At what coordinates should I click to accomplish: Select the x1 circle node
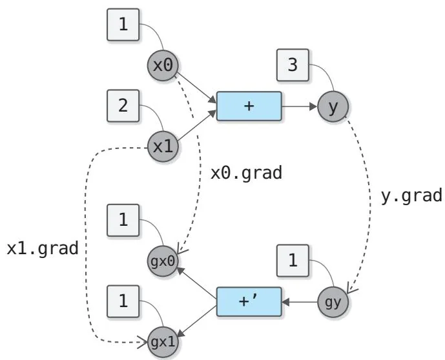coord(163,146)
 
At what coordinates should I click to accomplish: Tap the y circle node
coord(333,106)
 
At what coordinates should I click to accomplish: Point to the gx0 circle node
coord(163,261)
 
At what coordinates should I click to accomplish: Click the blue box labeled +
coord(249,106)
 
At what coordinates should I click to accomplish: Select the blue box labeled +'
coord(249,301)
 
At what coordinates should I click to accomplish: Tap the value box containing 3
coord(293,66)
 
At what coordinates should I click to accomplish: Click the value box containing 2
coord(123,106)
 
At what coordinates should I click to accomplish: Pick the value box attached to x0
coord(123,26)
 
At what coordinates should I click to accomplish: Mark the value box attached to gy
coord(293,261)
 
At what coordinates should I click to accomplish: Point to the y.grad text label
coord(411,195)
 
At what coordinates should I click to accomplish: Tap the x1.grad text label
coord(42,248)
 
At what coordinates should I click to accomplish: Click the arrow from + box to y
coord(299,106)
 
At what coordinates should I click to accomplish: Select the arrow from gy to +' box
coord(300,301)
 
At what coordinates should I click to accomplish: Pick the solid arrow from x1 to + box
coord(196,127)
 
